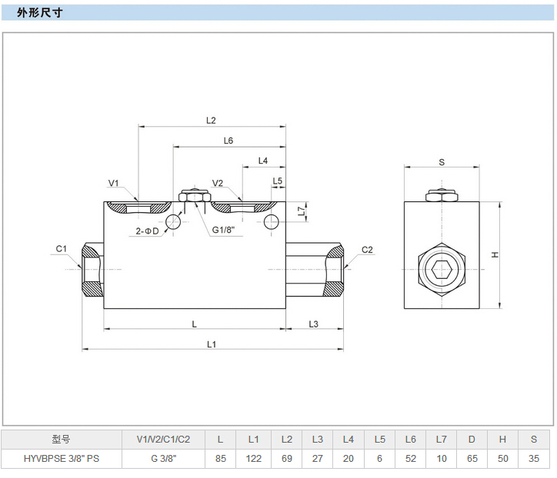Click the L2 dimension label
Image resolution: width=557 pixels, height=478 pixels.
tap(212, 120)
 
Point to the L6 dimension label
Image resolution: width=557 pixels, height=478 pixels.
tap(228, 141)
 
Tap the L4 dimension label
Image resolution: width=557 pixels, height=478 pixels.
tap(262, 161)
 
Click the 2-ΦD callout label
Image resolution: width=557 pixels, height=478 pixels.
tap(147, 231)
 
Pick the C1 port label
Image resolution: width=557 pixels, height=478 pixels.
tap(62, 248)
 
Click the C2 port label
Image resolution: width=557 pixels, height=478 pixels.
tap(367, 250)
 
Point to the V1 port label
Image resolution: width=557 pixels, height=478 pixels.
tap(113, 183)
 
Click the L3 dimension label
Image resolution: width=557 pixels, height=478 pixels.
tap(314, 324)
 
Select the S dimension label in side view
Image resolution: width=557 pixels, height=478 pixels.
tap(442, 162)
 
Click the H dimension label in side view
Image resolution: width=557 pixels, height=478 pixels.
tap(496, 255)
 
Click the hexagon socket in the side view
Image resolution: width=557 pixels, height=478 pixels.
tap(442, 270)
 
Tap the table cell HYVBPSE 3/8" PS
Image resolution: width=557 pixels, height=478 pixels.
tap(62, 459)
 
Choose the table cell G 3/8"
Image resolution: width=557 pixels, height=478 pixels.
tap(163, 459)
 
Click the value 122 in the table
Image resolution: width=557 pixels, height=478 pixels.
tap(253, 459)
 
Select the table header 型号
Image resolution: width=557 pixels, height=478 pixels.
tap(62, 440)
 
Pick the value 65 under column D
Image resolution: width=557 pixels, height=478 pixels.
tap(472, 459)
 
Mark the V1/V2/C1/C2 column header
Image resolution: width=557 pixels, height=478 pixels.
tap(163, 440)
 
